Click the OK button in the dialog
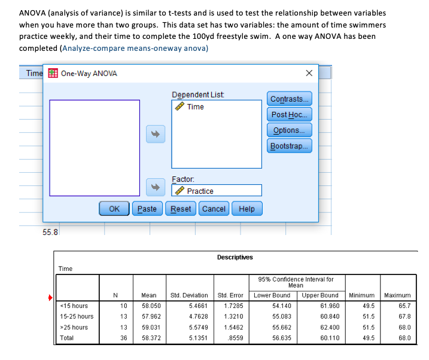(114, 209)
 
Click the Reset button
(181, 209)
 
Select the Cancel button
(214, 209)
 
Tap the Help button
(247, 209)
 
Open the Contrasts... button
(290, 99)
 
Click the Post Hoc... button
(290, 115)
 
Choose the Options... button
(290, 130)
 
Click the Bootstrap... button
(290, 146)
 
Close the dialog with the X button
(308, 74)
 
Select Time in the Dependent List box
(195, 107)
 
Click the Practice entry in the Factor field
(200, 191)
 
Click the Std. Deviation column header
(189, 295)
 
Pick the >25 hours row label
(74, 327)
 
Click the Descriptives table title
(235, 257)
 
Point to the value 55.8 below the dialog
(50, 232)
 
